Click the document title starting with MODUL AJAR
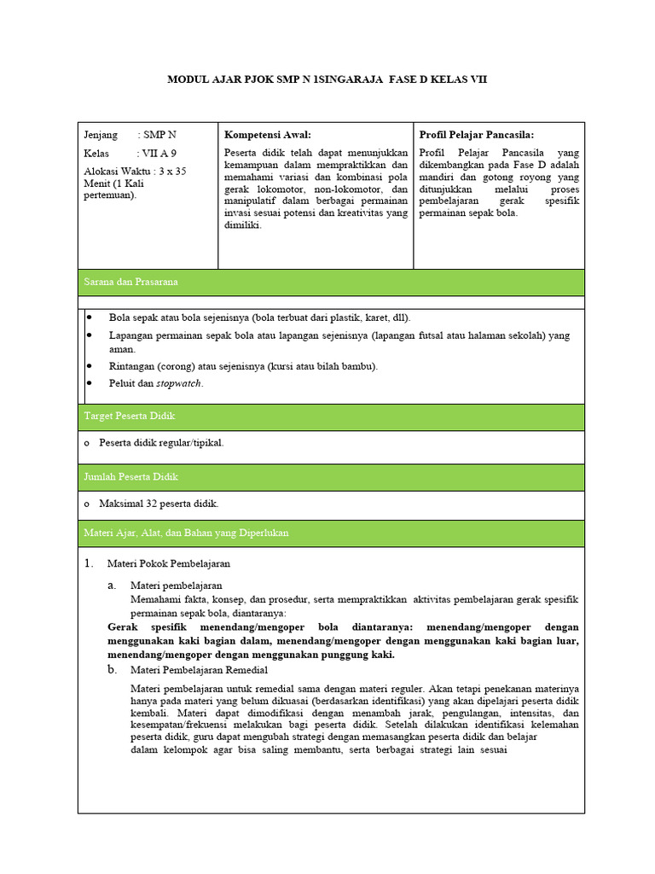pyautogui.click(x=327, y=79)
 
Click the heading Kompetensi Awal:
pyautogui.click(x=267, y=135)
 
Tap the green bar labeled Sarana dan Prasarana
pyautogui.click(x=331, y=282)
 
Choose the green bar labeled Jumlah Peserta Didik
pyautogui.click(x=331, y=476)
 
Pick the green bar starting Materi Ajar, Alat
pyautogui.click(x=331, y=533)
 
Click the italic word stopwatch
pyautogui.click(x=179, y=383)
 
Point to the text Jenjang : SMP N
pyautogui.click(x=130, y=135)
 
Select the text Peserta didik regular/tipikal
pyautogui.click(x=161, y=442)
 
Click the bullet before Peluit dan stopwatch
pyautogui.click(x=90, y=383)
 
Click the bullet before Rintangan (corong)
pyautogui.click(x=90, y=365)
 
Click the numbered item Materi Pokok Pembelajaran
pyautogui.click(x=168, y=563)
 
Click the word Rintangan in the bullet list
pyautogui.click(x=130, y=366)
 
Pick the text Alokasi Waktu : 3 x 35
pyautogui.click(x=135, y=171)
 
